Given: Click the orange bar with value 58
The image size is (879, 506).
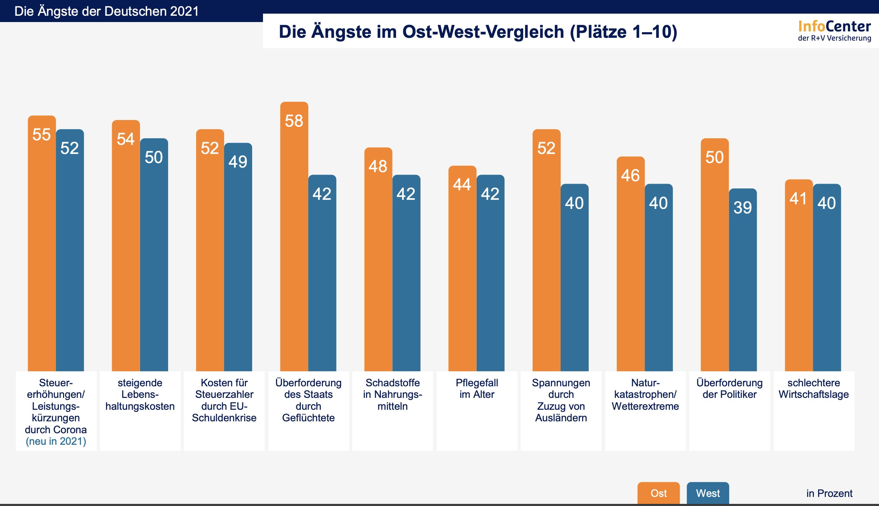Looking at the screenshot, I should coord(294,238).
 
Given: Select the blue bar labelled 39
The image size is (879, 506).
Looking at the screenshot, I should coord(743,280).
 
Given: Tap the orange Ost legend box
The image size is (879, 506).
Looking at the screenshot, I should coord(658,493).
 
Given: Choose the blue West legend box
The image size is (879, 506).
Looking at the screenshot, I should coord(708,493).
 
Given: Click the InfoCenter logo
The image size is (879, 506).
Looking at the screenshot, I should coord(834,31).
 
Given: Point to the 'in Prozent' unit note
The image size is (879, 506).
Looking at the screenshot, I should coord(829,493).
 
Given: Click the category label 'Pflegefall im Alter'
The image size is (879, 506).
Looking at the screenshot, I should coord(477,388).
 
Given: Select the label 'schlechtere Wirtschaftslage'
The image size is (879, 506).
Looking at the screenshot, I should coord(814,388).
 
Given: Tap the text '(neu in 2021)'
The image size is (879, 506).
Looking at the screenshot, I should coord(56,441).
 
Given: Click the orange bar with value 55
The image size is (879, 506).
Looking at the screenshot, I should coord(42,245).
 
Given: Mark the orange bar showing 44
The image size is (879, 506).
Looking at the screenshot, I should coord(462,269).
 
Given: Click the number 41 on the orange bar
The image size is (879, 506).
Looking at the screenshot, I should coord(798,199).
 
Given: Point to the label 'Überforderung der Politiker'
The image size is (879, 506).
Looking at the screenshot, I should coord(729,388).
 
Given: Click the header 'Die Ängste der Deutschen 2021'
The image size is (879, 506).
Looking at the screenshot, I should coord(106,11).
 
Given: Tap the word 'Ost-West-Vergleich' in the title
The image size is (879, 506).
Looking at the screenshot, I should coord(483,32).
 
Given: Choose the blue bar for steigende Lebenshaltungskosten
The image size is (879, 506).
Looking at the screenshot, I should coord(154,255).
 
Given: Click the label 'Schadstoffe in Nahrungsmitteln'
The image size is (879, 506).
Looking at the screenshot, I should coord(393,394).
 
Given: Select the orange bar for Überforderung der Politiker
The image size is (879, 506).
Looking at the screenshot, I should coord(715,255).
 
